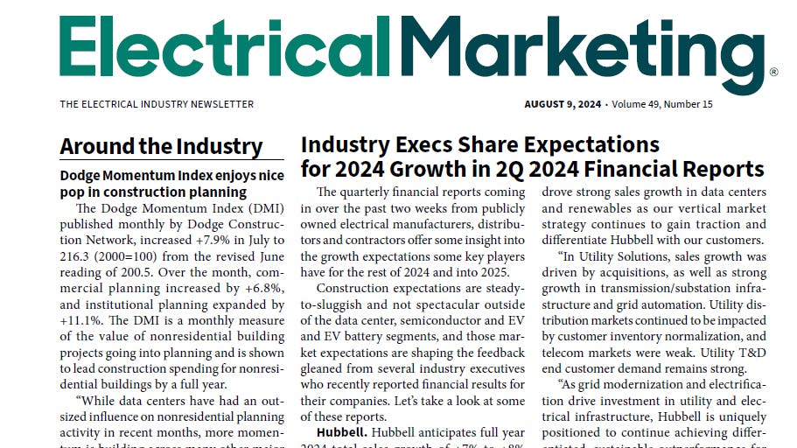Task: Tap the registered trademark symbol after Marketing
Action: [x=773, y=73]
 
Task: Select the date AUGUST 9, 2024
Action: [x=563, y=104]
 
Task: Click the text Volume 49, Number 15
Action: [x=662, y=104]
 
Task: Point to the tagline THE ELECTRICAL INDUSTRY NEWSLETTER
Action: [x=157, y=104]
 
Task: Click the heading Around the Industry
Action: [x=161, y=146]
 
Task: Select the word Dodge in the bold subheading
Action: [x=81, y=175]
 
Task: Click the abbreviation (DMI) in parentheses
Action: [x=262, y=208]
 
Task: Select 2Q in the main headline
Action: [x=569, y=168]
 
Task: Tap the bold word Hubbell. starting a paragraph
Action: [x=342, y=433]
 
